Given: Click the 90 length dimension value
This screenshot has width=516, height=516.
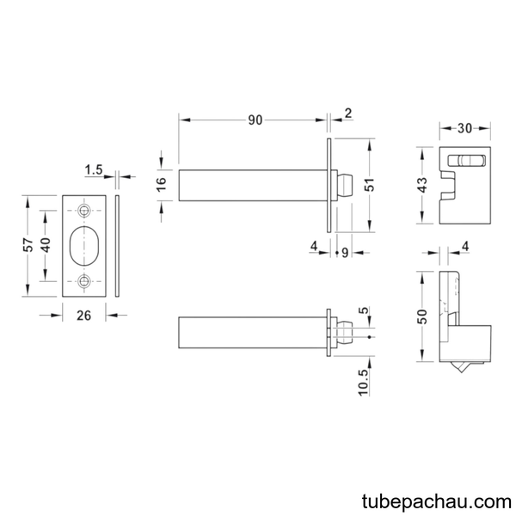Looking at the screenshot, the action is point(255,120).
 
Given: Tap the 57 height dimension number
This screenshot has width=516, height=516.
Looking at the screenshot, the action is point(28,244).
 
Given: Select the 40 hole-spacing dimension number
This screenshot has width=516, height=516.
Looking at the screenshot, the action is point(46,245).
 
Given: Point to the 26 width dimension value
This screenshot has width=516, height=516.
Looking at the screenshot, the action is point(83,316).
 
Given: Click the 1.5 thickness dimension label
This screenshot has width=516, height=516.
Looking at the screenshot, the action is point(94,170).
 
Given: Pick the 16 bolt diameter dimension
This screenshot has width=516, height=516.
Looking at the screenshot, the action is point(162,184).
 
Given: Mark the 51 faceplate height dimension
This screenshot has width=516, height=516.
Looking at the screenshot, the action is point(370,184).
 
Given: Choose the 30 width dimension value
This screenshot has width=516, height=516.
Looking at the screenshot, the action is point(464,128).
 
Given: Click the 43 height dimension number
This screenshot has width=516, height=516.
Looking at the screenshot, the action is point(422,185).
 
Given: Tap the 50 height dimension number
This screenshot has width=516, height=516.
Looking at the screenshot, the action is point(422,316).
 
